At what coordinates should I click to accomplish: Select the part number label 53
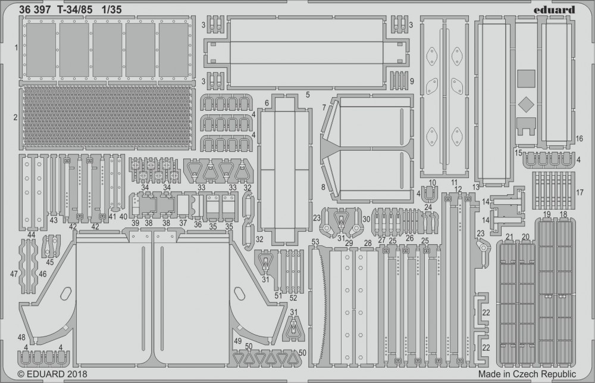tap(315, 241)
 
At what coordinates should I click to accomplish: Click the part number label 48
tap(21, 337)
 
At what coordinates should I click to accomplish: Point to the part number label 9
tap(412, 81)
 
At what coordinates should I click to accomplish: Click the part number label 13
tap(475, 188)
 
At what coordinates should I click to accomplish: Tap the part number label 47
tap(14, 273)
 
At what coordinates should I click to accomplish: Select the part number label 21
tap(509, 237)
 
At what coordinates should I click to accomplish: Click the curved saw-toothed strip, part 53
tap(322, 304)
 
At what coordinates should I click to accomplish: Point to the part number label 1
tap(16, 46)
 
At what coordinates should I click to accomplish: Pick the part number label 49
tap(238, 341)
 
